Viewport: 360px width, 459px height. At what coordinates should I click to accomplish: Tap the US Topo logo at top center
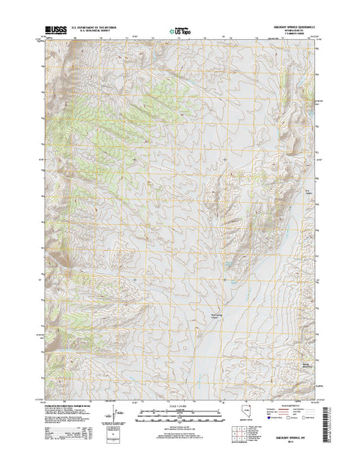180,31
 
